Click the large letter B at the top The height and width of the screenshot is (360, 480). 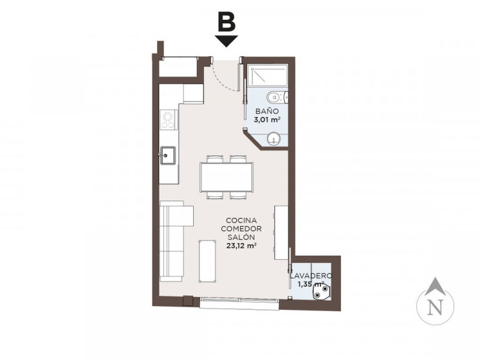(227, 22)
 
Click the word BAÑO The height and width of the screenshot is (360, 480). (267, 111)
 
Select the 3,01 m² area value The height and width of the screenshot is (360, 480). (267, 119)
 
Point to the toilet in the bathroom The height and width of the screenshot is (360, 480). (277, 98)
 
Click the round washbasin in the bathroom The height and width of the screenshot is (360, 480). (273, 139)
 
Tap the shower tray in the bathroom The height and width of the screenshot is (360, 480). (267, 75)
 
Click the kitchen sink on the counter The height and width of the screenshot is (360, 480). (167, 156)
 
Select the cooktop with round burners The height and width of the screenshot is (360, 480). (169, 120)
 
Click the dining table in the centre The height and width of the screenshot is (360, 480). (227, 177)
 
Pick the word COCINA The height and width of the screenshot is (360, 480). (241, 220)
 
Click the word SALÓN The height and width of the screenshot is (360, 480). (241, 237)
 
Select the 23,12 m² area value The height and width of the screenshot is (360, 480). (241, 245)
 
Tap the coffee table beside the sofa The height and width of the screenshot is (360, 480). (208, 261)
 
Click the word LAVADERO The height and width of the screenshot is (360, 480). (311, 276)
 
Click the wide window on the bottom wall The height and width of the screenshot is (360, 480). (239, 302)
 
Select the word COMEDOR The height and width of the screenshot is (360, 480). (241, 229)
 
